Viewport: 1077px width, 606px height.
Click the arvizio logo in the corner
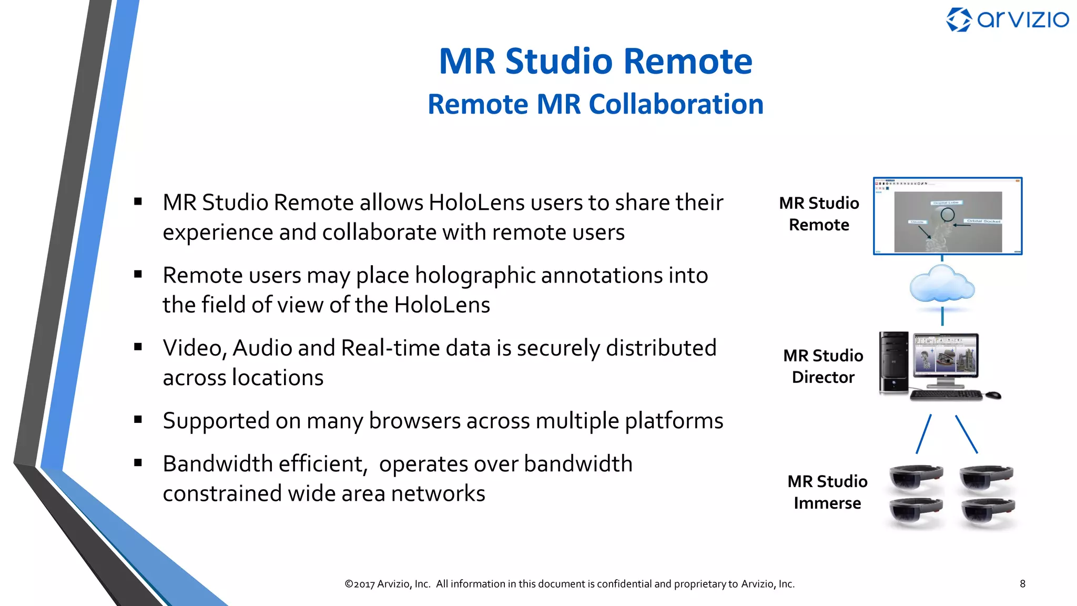point(1007,20)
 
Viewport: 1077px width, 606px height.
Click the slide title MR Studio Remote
point(595,61)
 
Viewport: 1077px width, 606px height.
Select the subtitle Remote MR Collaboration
point(595,104)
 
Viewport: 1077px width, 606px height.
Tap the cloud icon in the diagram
point(942,285)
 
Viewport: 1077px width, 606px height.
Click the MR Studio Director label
point(823,366)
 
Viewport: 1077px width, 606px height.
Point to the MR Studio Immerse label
point(827,492)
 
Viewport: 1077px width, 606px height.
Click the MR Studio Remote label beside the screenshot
point(819,214)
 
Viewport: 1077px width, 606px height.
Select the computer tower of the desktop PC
point(894,362)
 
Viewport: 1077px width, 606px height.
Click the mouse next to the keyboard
point(993,395)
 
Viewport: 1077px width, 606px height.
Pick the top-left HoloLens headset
point(916,477)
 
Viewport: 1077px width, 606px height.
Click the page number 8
point(1022,583)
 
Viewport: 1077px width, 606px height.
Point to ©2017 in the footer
point(360,584)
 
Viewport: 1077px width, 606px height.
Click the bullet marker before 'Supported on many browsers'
point(138,419)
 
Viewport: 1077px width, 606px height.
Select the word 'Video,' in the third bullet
point(195,348)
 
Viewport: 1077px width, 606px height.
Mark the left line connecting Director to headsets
point(923,434)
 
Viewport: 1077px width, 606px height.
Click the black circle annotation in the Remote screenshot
point(948,214)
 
